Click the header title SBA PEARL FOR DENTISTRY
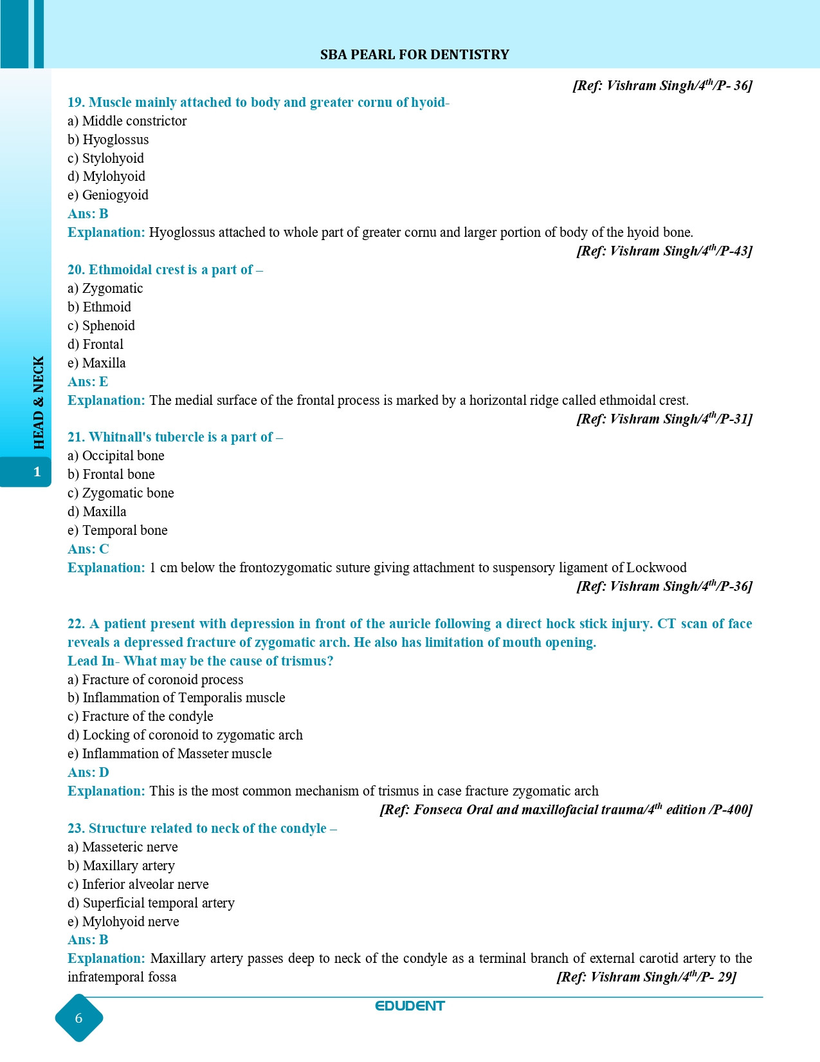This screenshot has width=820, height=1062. pyautogui.click(x=414, y=55)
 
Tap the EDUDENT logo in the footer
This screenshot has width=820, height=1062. pyautogui.click(x=410, y=1006)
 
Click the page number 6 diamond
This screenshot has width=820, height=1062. pyautogui.click(x=79, y=1018)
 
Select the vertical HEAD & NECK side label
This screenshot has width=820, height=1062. pyautogui.click(x=39, y=402)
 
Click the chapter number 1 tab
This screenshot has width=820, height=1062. pyautogui.click(x=37, y=472)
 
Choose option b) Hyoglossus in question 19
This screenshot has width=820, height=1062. pyautogui.click(x=108, y=140)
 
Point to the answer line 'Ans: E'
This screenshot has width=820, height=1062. pyautogui.click(x=87, y=382)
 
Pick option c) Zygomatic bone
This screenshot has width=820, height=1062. pyautogui.click(x=121, y=493)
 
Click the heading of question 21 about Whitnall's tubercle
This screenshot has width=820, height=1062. pyautogui.click(x=175, y=437)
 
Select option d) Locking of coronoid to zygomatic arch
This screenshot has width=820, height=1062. pyautogui.click(x=185, y=735)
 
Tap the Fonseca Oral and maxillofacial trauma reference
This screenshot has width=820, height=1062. pyautogui.click(x=565, y=810)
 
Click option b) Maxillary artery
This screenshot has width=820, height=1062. pyautogui.click(x=121, y=866)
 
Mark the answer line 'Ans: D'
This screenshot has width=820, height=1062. pyautogui.click(x=88, y=772)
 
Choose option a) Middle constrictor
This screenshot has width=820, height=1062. pyautogui.click(x=127, y=121)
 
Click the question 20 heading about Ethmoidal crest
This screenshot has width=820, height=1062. pyautogui.click(x=165, y=270)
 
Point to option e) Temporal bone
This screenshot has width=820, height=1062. pyautogui.click(x=118, y=530)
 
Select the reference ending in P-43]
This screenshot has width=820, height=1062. pyautogui.click(x=664, y=251)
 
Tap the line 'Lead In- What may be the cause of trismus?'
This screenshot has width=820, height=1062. pyautogui.click(x=200, y=661)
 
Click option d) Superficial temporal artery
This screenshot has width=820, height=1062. pyautogui.click(x=151, y=903)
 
